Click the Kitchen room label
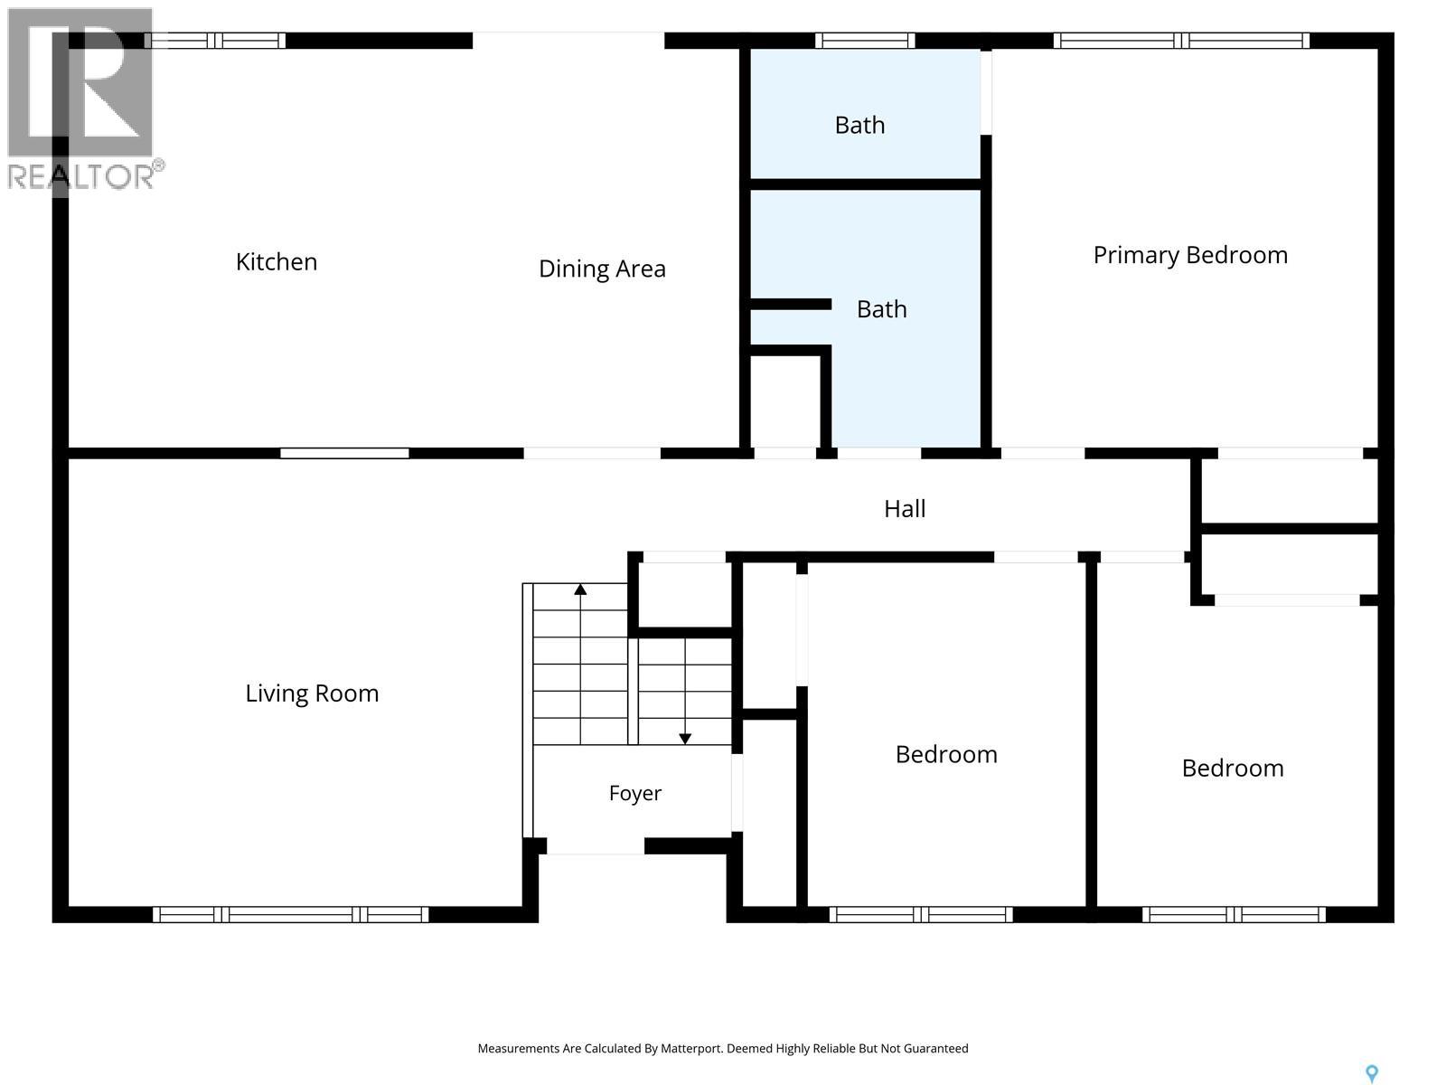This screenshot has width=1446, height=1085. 276,262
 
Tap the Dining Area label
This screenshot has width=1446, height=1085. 602,269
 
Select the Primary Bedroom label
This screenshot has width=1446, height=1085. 1189,255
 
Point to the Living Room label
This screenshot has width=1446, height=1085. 312,693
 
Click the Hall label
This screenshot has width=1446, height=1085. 905,508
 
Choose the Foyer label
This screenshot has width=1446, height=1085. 635,793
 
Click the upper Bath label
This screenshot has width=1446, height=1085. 859,125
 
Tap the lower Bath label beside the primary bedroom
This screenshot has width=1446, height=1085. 881,309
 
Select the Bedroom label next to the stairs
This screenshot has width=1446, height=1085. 946,754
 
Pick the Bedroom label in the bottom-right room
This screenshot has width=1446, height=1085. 1233,769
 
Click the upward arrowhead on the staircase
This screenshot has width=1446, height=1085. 579,590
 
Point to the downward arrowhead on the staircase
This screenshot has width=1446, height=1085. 685,739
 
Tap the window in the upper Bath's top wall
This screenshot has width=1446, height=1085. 865,40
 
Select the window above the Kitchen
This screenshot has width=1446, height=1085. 215,40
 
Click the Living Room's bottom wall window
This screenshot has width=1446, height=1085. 290,914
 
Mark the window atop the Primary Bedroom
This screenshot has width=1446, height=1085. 1181,40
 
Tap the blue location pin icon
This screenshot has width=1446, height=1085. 1372,1074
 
